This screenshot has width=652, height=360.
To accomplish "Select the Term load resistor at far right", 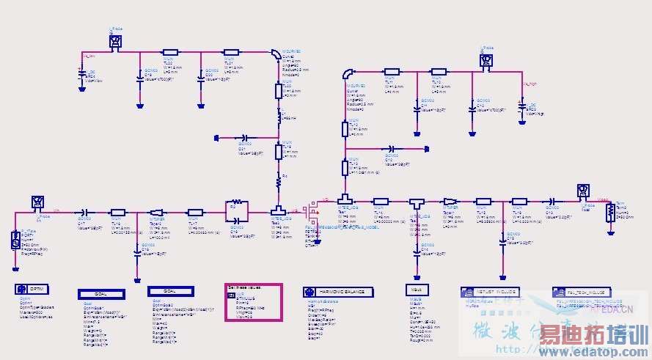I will (x=610, y=213).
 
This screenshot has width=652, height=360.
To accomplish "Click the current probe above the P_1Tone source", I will (x=37, y=202).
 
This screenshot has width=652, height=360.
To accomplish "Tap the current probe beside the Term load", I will (x=582, y=191).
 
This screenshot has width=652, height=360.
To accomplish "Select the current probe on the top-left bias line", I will (x=116, y=42).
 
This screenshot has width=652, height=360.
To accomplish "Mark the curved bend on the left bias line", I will (x=274, y=56).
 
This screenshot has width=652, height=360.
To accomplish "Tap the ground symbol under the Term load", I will (x=610, y=230).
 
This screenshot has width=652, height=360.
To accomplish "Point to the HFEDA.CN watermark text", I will (x=612, y=309).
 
